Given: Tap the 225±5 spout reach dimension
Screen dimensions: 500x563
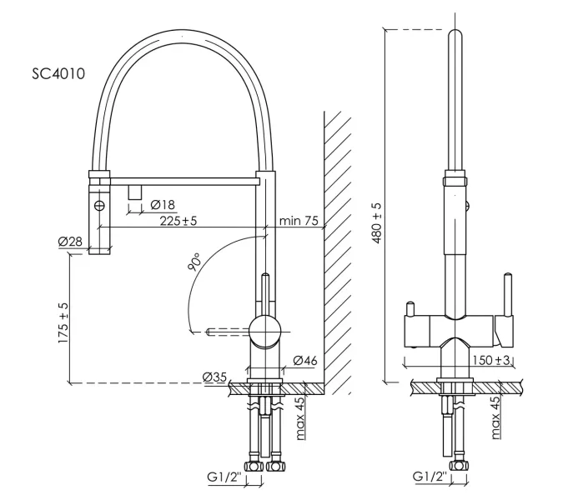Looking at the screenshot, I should click(178, 221).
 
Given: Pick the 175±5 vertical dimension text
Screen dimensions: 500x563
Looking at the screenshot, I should click(63, 317).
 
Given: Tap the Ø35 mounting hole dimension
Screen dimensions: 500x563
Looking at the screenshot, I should click(215, 377).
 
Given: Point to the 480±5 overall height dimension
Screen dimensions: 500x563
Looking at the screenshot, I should click(376, 221).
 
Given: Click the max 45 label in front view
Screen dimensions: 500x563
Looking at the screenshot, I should click(495, 417).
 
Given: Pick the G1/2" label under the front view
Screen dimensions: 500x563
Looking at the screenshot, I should click(429, 477).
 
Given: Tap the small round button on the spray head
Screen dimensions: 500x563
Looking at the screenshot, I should click(99, 204).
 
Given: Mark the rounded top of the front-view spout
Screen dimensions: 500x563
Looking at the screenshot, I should click(455, 37).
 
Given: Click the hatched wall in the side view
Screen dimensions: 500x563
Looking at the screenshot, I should click(337, 250).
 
